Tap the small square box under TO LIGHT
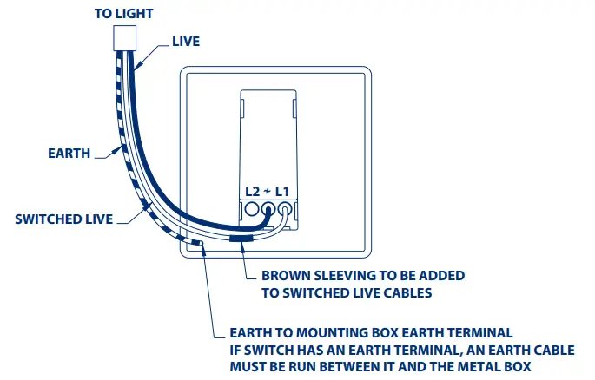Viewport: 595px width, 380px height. point(126,38)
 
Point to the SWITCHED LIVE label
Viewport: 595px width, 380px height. point(63,219)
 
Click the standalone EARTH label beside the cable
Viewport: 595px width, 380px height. point(69,154)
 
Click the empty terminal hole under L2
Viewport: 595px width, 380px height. point(252,209)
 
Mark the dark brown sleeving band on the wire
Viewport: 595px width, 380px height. point(241,237)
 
